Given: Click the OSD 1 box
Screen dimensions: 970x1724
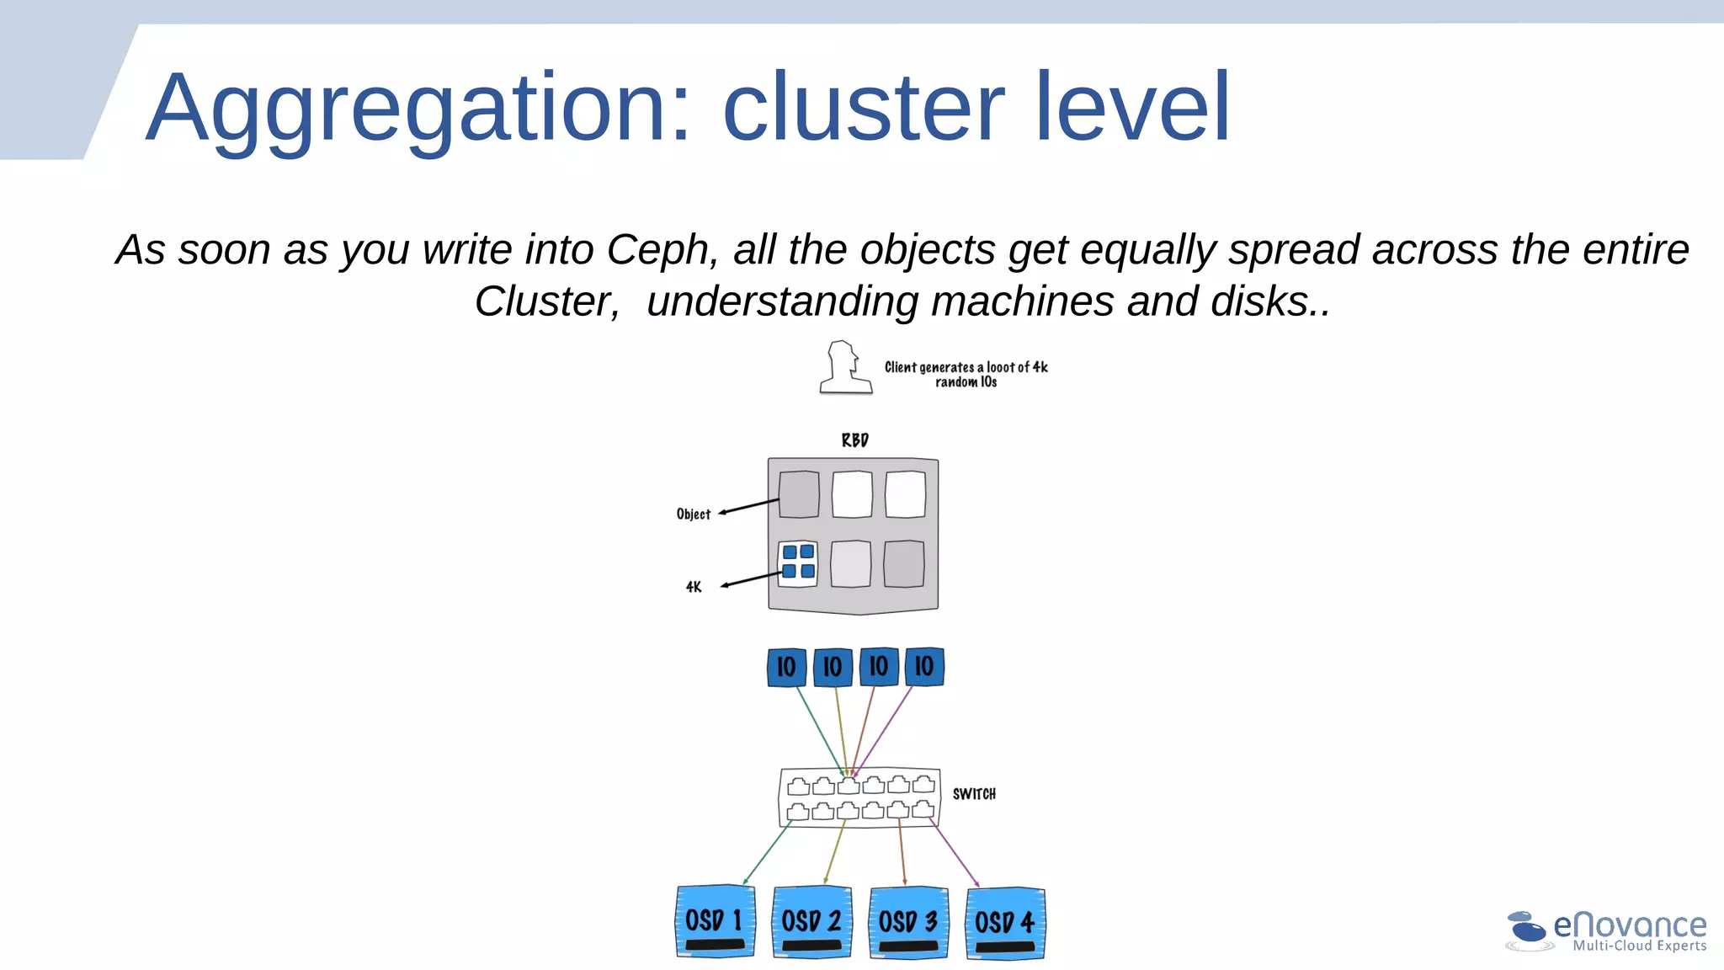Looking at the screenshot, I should [x=715, y=921].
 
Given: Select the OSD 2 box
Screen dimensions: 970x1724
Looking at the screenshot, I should [x=811, y=921].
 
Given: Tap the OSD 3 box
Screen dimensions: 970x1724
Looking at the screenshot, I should [x=908, y=922].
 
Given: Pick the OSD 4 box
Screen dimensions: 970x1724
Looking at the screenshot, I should [x=1005, y=923].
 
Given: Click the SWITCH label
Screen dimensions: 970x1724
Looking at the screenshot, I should [x=974, y=794].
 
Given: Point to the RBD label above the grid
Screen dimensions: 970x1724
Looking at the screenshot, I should [x=854, y=440].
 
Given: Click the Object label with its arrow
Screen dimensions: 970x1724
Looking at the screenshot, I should [x=694, y=514].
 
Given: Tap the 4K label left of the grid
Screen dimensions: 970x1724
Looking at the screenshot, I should [x=694, y=587].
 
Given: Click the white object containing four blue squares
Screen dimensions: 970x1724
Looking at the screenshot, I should [x=797, y=562].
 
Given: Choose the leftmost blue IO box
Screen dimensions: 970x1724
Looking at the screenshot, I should [x=786, y=667].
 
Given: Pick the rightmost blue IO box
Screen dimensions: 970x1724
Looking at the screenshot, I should [x=924, y=667].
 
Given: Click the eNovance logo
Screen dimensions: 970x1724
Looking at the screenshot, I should [x=1606, y=931].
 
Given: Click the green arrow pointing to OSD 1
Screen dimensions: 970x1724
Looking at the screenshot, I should [x=766, y=855].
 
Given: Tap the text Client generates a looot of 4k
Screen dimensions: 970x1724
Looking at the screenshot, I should [x=966, y=367].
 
